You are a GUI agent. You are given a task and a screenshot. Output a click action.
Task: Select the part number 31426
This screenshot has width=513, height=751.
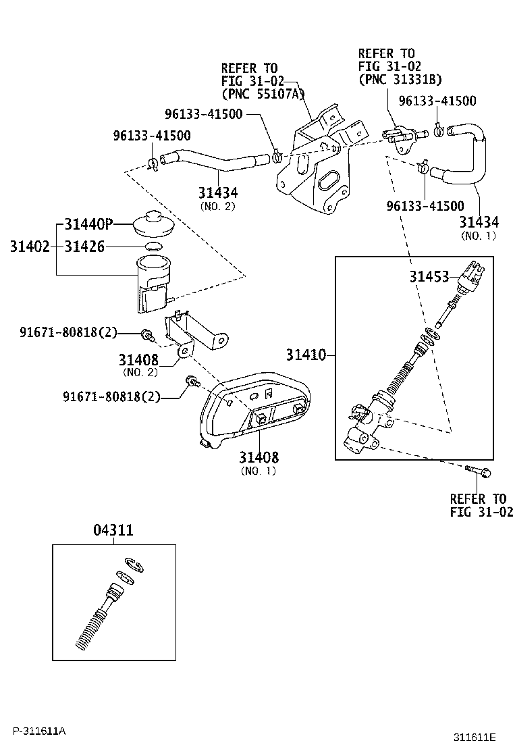click(x=84, y=247)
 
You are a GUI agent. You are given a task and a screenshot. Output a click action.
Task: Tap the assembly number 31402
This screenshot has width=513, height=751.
click(x=29, y=247)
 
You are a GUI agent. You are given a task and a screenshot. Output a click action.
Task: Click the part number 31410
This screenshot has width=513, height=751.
click(x=305, y=354)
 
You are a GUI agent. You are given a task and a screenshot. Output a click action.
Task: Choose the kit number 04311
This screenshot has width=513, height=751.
click(x=113, y=530)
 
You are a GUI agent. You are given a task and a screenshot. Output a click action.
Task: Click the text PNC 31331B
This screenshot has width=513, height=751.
click(x=400, y=79)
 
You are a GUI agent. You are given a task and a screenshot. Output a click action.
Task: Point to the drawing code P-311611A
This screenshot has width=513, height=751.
click(x=38, y=731)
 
